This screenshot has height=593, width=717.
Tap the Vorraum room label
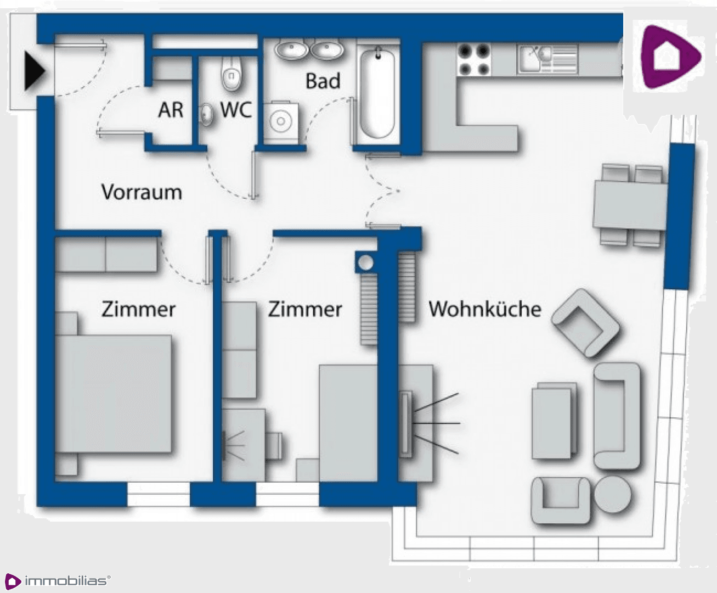[x=142, y=192]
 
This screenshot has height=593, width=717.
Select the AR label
[x=170, y=110]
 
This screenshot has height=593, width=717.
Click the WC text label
[x=236, y=110]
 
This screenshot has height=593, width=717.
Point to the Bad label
[x=323, y=81]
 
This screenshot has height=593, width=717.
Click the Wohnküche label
[x=485, y=309]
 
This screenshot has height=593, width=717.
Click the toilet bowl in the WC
[x=232, y=72]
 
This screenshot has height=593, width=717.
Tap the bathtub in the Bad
[x=377, y=93]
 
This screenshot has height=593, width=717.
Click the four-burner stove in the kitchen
[x=474, y=60]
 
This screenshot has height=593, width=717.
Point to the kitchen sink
[x=547, y=59]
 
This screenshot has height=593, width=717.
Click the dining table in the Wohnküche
[x=630, y=205]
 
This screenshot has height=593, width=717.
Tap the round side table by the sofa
[x=613, y=494]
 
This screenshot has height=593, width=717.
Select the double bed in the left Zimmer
[x=113, y=394]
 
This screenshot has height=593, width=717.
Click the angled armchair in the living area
[x=585, y=323]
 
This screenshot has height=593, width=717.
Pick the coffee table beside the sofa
[x=554, y=421]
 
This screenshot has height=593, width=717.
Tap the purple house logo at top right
[x=670, y=57]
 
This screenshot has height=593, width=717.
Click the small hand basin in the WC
[x=206, y=114]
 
